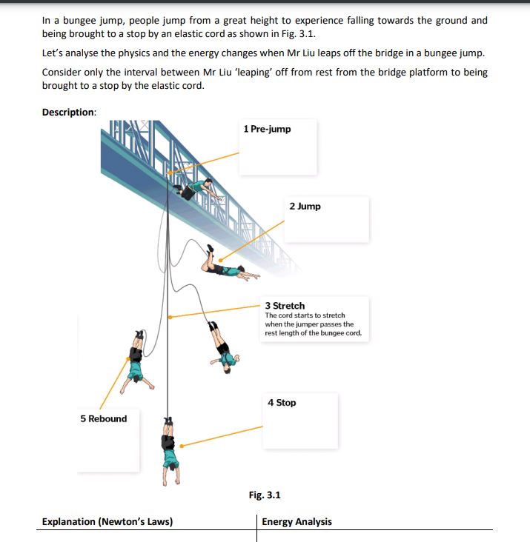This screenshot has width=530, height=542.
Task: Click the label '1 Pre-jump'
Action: pos(267,129)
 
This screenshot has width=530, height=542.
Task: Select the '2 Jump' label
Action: pos(305,206)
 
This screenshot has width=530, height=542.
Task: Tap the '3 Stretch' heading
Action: pos(285,305)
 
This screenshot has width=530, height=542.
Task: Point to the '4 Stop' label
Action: pos(282,402)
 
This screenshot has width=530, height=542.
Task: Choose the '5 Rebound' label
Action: pos(104,418)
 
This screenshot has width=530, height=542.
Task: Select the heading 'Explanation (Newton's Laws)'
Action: pos(107,521)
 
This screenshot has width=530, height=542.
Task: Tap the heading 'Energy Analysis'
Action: pos(297,521)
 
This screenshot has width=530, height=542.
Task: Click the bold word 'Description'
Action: pos(68,112)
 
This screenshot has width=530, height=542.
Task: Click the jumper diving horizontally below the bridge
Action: pos(230,267)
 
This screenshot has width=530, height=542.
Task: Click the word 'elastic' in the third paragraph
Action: pos(167,85)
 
